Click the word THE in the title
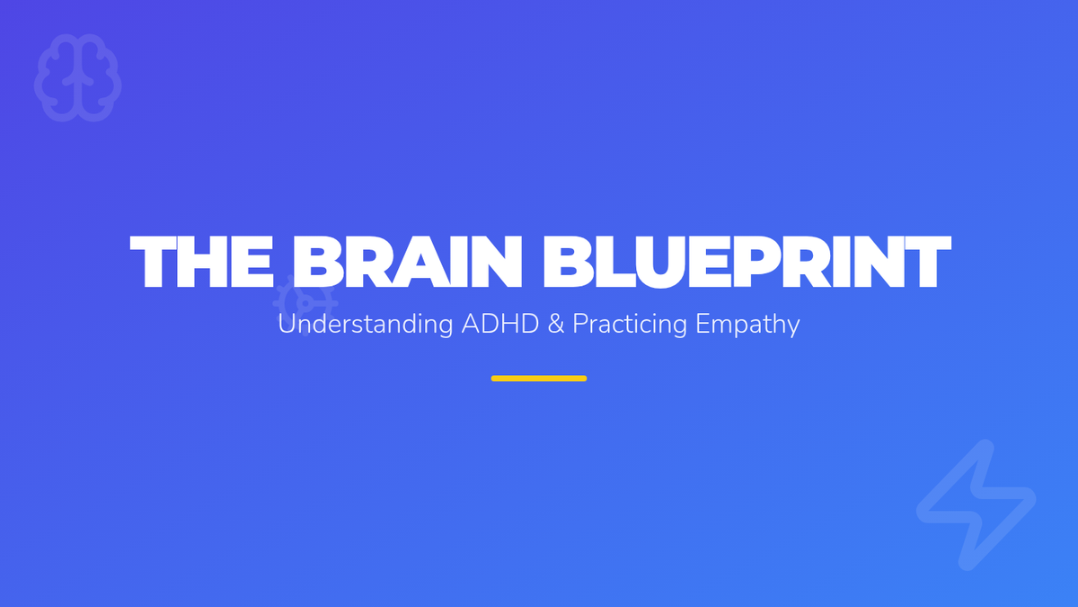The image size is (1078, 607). pyautogui.click(x=202, y=262)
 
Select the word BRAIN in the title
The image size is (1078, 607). pyautogui.click(x=407, y=262)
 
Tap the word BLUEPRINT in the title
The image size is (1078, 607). pyautogui.click(x=747, y=262)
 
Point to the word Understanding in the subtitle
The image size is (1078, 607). pyautogui.click(x=366, y=324)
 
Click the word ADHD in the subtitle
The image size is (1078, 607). pyautogui.click(x=500, y=324)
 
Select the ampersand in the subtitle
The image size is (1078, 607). pyautogui.click(x=556, y=324)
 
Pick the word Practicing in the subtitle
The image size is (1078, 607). pyautogui.click(x=630, y=325)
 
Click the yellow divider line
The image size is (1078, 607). pyautogui.click(x=539, y=379)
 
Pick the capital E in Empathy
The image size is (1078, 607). pyautogui.click(x=703, y=324)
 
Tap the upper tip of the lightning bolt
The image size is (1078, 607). pyautogui.click(x=985, y=447)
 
